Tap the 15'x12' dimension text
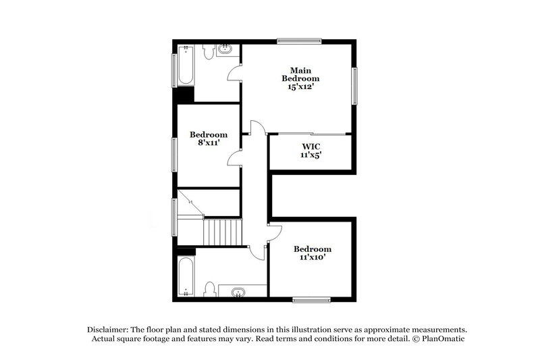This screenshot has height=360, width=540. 300,87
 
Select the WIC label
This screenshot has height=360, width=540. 310,146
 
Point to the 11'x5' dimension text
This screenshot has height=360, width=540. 310,155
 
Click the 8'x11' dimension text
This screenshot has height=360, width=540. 208,143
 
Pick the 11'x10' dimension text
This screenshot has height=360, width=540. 312,257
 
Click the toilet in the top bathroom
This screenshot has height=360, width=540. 209,51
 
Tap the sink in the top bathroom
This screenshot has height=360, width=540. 226,49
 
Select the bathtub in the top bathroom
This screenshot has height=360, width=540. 186,66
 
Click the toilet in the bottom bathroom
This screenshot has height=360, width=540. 210,290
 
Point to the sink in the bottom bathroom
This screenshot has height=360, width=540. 238,292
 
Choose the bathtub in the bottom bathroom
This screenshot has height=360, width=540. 186,277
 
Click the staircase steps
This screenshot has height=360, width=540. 222,232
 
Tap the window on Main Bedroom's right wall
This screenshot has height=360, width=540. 354,86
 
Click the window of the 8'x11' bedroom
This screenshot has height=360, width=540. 174,155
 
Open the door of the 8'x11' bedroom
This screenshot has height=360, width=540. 234,158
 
